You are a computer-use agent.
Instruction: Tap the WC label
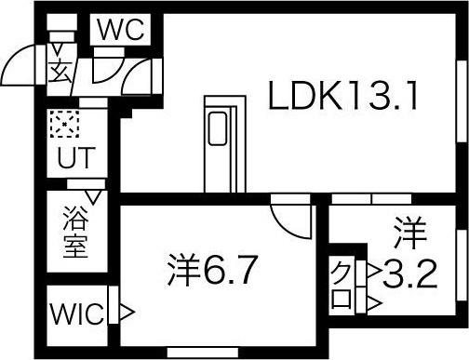point(122,29)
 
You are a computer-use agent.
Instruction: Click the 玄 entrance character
point(59,70)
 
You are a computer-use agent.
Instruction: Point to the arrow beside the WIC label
point(127,312)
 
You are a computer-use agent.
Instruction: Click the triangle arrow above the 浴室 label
point(92,196)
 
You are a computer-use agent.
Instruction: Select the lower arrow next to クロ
point(372,302)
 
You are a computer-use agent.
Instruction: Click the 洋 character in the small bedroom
point(403,228)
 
